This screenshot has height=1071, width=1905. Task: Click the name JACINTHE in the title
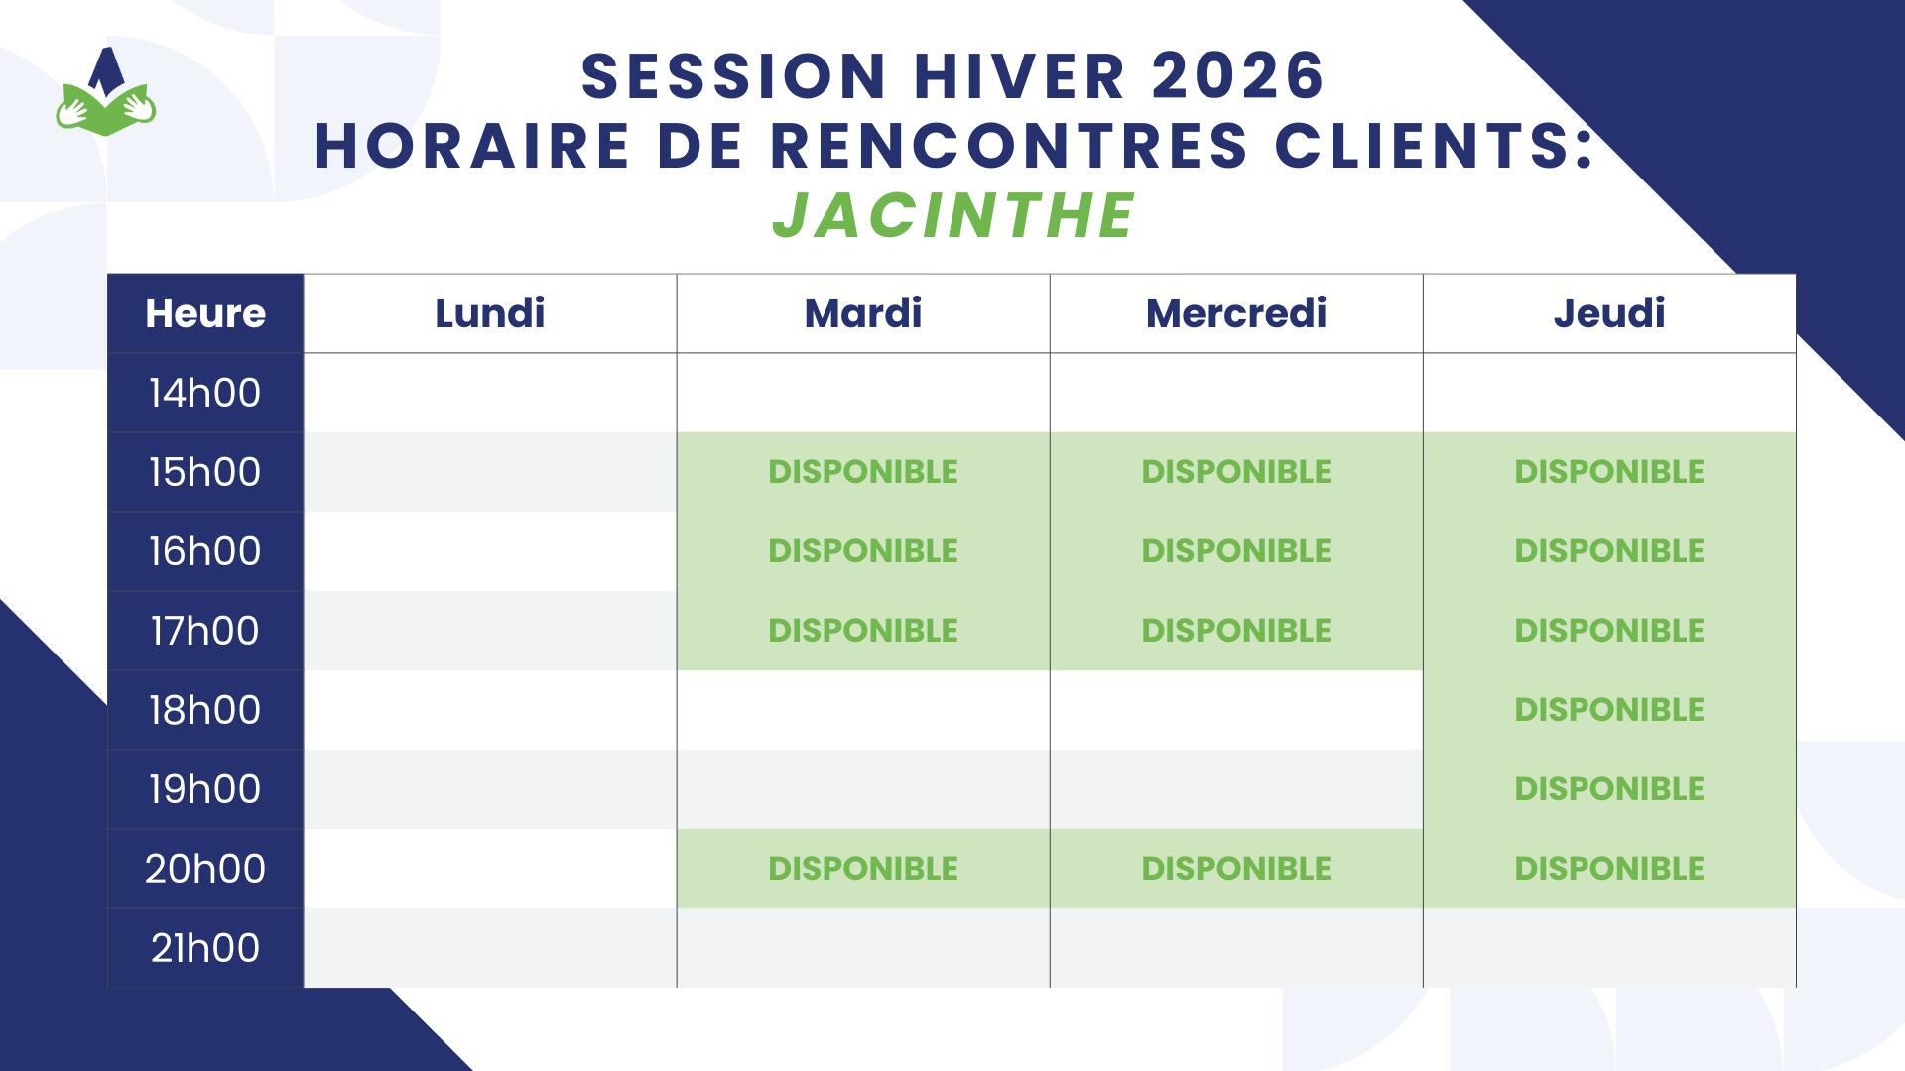click(952, 216)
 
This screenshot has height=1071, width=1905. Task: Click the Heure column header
click(205, 313)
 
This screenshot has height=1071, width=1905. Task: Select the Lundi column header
click(490, 313)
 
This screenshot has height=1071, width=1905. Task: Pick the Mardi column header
click(863, 313)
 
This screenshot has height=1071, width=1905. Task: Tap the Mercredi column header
click(1236, 313)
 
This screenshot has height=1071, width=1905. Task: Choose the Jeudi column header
click(1609, 313)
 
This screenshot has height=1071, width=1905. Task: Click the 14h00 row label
click(205, 393)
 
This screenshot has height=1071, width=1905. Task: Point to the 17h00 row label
click(205, 631)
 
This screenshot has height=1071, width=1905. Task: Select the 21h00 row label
click(205, 948)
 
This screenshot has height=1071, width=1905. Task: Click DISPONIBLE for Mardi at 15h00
click(863, 472)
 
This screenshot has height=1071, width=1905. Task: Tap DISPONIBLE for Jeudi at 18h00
click(1609, 710)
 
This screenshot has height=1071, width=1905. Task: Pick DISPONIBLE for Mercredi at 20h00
click(1236, 869)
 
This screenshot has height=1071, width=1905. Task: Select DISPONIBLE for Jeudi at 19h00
click(1609, 789)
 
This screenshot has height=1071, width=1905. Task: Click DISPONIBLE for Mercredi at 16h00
click(1236, 551)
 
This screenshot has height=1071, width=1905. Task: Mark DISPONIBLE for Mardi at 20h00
click(863, 869)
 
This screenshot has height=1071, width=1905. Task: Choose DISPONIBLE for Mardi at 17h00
click(863, 631)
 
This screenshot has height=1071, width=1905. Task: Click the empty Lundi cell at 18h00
click(490, 710)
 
